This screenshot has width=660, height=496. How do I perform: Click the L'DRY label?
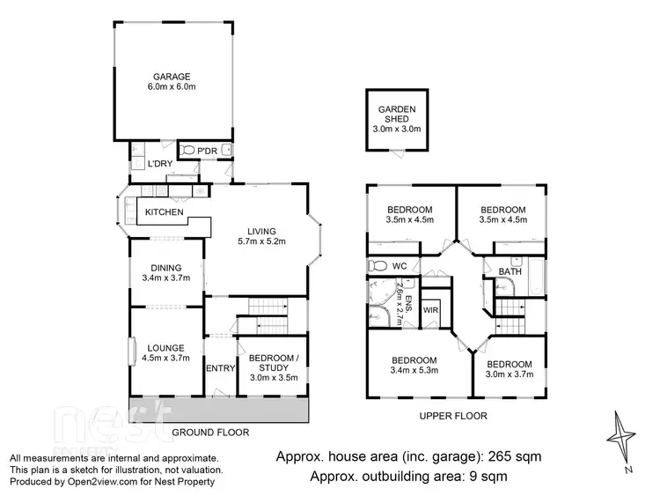click(x=158, y=164)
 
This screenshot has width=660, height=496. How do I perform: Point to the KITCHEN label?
click(x=164, y=212)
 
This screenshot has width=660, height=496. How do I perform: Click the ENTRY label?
click(x=218, y=368)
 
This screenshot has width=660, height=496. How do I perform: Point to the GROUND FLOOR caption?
click(x=210, y=433)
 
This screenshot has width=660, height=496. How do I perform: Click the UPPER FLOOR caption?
click(x=453, y=416)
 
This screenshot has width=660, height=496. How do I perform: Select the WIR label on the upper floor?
click(x=431, y=310)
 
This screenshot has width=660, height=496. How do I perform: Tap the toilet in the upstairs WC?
click(x=378, y=265)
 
